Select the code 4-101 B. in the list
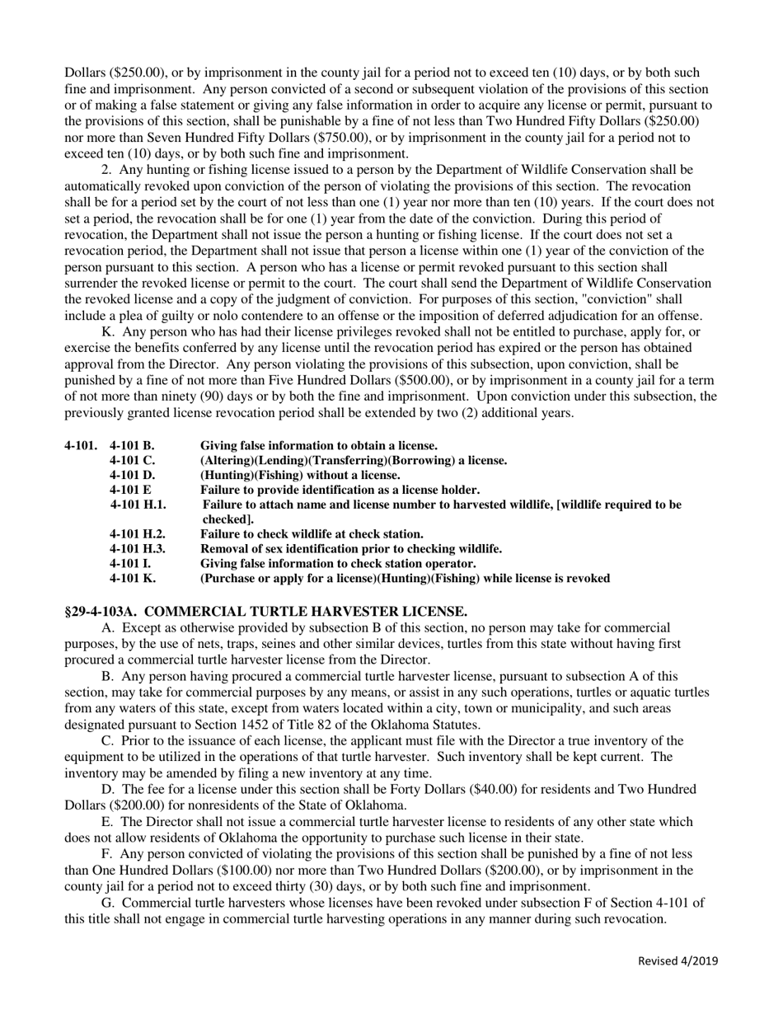tap(131, 446)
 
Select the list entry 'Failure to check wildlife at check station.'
tap(312, 534)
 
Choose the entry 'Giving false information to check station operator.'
tap(338, 564)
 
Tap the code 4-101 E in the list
tap(129, 490)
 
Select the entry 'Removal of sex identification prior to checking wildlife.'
tap(351, 549)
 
